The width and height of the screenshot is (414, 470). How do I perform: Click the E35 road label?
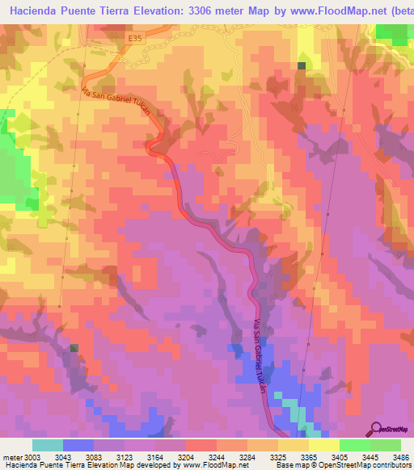click(133, 37)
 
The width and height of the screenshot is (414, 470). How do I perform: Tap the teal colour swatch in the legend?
click(48, 445)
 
